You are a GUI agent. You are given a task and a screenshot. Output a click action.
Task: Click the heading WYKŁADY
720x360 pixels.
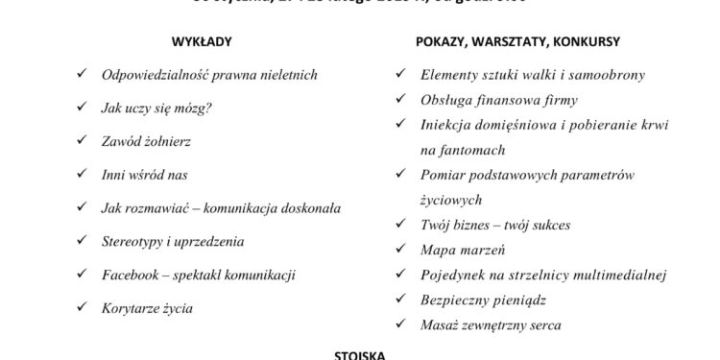tap(202, 42)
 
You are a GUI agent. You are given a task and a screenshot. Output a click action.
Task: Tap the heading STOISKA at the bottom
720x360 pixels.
tap(360, 354)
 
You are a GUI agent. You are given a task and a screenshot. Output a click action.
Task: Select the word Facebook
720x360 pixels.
tap(130, 276)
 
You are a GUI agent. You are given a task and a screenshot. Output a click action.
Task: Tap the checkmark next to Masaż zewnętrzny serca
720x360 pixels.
tap(401, 325)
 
